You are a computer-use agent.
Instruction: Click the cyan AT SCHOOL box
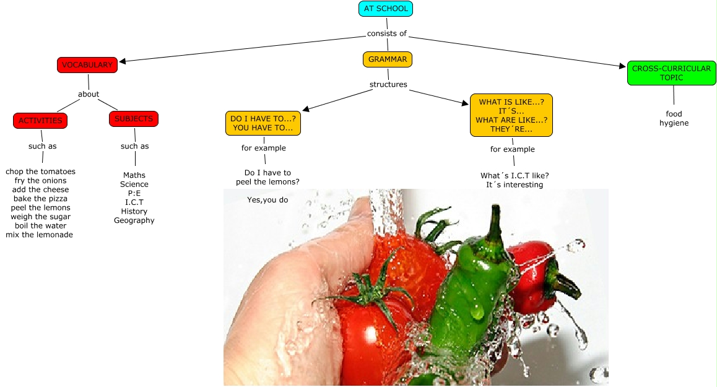[x=385, y=9]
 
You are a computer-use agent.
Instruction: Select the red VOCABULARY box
[x=87, y=64]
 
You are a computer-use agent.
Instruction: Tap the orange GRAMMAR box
[x=388, y=59]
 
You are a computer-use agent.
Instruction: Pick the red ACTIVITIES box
[x=40, y=121]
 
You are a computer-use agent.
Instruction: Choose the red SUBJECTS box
[x=134, y=119]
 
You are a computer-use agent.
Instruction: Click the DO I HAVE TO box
[x=263, y=123]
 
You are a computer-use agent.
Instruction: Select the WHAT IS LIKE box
[x=511, y=115]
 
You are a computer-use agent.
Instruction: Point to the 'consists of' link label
[x=386, y=33]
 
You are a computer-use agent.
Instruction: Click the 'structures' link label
[x=388, y=84]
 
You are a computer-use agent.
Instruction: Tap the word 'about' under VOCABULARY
[x=89, y=94]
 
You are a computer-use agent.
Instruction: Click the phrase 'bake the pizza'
[x=40, y=199]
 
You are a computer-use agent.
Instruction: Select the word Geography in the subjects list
[x=134, y=220]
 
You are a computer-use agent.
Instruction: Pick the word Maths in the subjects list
[x=134, y=175]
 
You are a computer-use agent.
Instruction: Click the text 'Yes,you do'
[x=267, y=200]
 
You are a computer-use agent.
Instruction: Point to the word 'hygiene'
[x=674, y=123]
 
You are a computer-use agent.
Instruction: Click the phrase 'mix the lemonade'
[x=39, y=235]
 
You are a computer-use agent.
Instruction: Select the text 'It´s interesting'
[x=515, y=185]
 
